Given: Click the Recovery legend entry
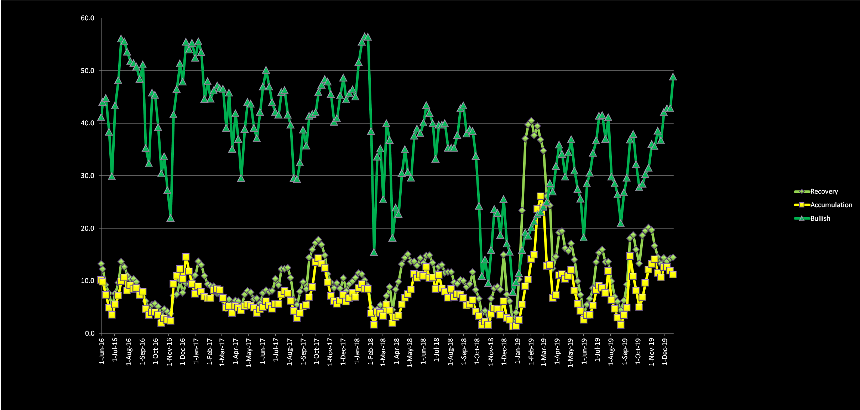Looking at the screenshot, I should [x=824, y=191].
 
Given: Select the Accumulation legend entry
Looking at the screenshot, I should [x=831, y=205].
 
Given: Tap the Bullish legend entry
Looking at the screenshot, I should [x=820, y=219].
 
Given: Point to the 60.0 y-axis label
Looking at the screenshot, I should [x=88, y=18].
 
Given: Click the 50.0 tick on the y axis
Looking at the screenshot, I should [x=88, y=71].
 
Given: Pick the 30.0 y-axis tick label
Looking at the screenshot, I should [x=88, y=176].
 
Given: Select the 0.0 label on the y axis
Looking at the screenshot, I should [x=89, y=333].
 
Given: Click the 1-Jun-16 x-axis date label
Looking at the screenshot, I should [x=102, y=351].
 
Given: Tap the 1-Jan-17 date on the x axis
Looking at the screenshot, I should [x=196, y=351].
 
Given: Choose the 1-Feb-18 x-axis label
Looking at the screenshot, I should [x=370, y=351].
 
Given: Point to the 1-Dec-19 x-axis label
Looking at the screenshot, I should [x=664, y=351].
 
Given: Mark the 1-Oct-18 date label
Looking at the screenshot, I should [x=477, y=351].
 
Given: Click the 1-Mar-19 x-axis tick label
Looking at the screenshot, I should [x=544, y=351].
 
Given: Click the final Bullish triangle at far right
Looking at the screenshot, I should [x=673, y=77].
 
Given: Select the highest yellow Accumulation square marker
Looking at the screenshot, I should [x=541, y=196].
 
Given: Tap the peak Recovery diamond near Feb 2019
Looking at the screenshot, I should [x=531, y=121].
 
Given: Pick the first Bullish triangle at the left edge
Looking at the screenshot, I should [x=101, y=117].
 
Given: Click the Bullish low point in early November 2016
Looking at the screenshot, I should [x=171, y=218].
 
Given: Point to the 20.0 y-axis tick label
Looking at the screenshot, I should [x=88, y=228].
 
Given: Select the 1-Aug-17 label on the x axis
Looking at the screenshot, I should [x=290, y=351].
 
